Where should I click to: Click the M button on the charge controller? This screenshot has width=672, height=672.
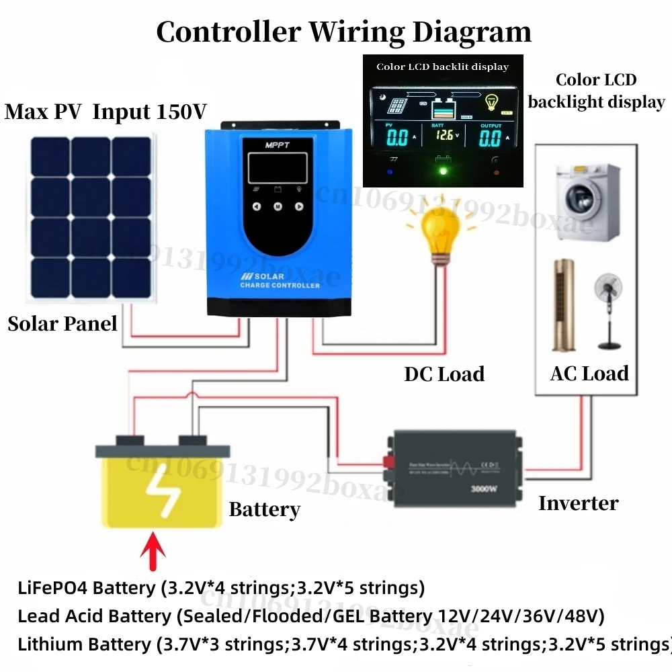coord(277,206)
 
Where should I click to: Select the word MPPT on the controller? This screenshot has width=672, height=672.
coord(277,144)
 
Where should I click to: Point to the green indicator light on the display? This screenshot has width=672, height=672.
coord(443,170)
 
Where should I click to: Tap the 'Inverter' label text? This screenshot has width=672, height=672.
coord(578,503)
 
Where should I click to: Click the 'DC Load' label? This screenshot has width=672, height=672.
coord(444,374)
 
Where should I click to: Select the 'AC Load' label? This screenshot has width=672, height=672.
coord(589,374)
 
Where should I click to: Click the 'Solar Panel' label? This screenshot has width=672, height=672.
coord(62,324)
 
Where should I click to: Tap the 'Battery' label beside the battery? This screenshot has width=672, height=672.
coord(264,509)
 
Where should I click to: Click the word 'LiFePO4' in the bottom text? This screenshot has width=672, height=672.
coord(52,588)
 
